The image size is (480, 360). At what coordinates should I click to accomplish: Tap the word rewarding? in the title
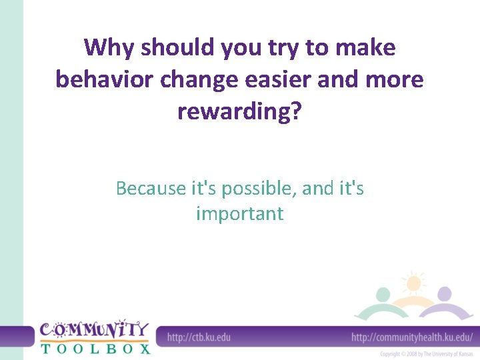[239, 111]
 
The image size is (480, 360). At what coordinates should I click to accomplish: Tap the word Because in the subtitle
[151, 189]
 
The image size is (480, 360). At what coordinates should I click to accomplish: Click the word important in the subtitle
[239, 214]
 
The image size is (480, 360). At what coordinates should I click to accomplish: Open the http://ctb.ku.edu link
[199, 337]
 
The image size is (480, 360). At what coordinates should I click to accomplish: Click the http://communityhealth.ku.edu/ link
[412, 337]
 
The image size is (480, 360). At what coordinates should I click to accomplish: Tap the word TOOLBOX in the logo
[95, 348]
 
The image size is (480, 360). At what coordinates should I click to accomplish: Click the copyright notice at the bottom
[427, 354]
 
